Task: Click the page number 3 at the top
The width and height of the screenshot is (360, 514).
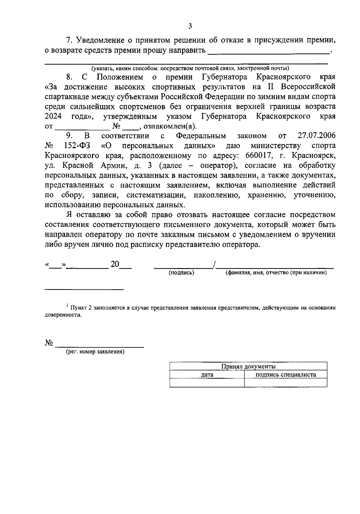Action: coord(190,26)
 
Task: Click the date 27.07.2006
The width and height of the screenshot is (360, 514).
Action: coord(317,136)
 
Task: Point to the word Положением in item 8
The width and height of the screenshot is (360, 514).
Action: coord(120,77)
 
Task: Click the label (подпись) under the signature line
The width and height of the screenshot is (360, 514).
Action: coord(181,273)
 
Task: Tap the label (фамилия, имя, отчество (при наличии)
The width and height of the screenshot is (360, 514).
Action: coord(276,273)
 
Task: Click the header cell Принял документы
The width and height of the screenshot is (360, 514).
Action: coord(248,366)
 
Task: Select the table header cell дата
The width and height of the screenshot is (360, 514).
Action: coord(207,374)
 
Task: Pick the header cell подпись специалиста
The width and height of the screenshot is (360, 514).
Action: coord(286,374)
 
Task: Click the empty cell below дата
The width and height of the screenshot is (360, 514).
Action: coord(207,382)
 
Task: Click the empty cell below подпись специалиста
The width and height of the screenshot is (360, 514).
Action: coord(286,382)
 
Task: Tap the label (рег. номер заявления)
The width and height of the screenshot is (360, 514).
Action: coord(95,352)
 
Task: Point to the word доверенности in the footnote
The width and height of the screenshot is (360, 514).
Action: coord(63,315)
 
